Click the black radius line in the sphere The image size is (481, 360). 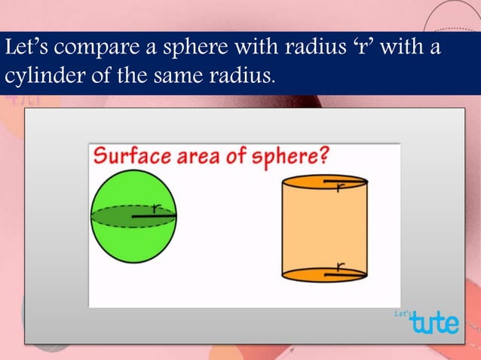[x=155, y=218]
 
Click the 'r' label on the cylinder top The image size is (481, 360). [x=342, y=186]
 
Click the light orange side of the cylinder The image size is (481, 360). [x=324, y=230]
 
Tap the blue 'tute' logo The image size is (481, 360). [x=434, y=322]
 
